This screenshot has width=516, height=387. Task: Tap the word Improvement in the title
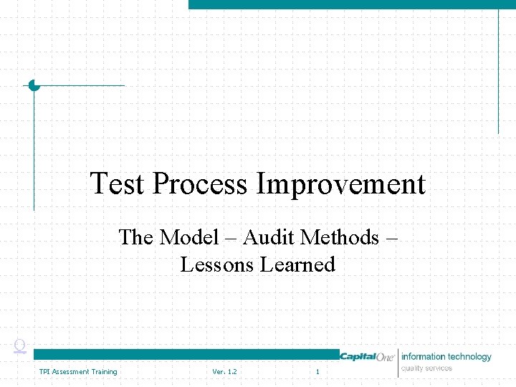tap(341, 184)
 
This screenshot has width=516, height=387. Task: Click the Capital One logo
tap(368, 357)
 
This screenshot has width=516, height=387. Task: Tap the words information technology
tap(446, 356)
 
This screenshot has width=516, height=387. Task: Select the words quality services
tap(427, 368)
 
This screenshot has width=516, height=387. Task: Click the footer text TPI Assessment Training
tap(78, 371)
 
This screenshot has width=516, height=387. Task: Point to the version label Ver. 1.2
tap(224, 371)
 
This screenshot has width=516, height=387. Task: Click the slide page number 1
tap(317, 371)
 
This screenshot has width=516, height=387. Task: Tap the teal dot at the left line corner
tap(34, 85)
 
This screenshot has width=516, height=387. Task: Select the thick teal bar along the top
tap(351, 4)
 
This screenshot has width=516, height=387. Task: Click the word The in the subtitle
tap(136, 236)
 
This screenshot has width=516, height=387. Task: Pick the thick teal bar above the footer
tap(186, 354)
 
